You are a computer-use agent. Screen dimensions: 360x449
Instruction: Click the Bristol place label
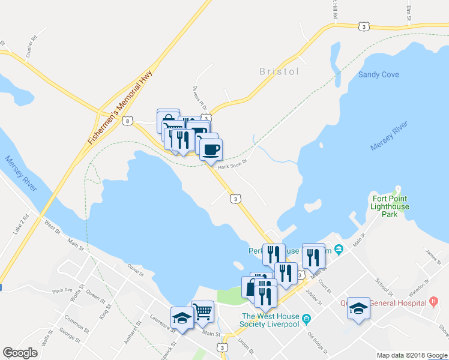pos(279,71)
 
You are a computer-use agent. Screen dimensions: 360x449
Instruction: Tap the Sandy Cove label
pos(378,75)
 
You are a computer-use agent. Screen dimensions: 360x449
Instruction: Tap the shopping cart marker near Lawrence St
pos(203,311)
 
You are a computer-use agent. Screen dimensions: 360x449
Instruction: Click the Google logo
pos(20,353)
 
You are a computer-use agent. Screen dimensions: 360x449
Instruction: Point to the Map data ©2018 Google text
pos(411,355)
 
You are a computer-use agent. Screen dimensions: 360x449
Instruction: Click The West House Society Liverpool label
pos(270,320)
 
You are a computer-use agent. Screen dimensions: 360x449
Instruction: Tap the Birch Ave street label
pos(62,290)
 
